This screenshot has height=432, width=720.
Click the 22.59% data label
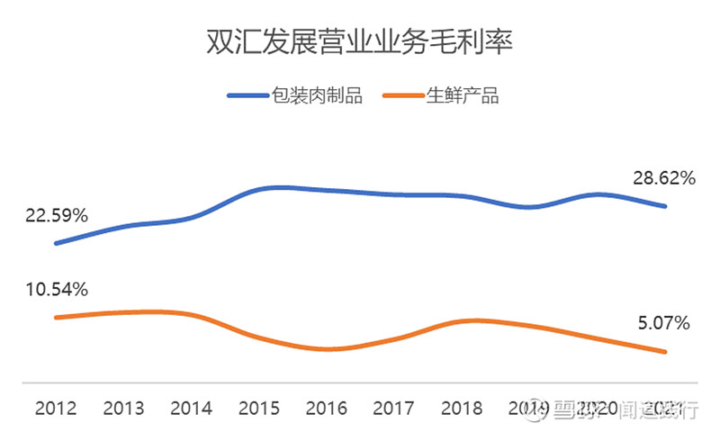point(56,216)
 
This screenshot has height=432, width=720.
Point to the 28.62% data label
point(664,178)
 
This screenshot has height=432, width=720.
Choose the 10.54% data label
point(56,290)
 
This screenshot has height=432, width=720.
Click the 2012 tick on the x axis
point(56,409)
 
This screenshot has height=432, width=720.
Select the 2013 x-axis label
point(123,409)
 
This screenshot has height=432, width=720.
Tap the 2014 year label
point(191,409)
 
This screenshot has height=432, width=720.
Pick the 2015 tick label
point(259,409)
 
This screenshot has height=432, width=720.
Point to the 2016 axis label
point(327,409)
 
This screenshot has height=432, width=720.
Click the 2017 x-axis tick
point(394,409)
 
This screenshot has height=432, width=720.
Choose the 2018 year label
point(462,409)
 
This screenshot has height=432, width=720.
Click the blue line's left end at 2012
point(56,243)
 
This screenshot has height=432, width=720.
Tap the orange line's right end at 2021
point(665,351)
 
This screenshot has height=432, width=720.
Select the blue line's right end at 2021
point(665,206)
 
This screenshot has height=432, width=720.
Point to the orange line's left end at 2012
point(56,317)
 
